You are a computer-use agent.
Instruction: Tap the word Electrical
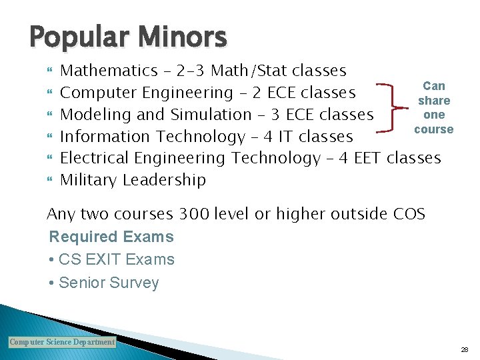click(x=95, y=158)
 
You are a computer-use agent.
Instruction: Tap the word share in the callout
click(x=434, y=101)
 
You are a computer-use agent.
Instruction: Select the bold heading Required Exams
click(x=111, y=237)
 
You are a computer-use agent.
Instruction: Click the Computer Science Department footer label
click(x=62, y=342)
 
